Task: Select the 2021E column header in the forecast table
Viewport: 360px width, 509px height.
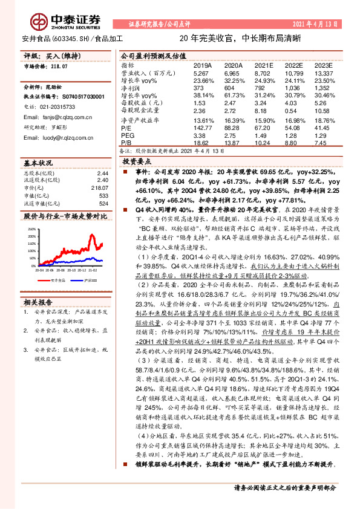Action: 264,65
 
